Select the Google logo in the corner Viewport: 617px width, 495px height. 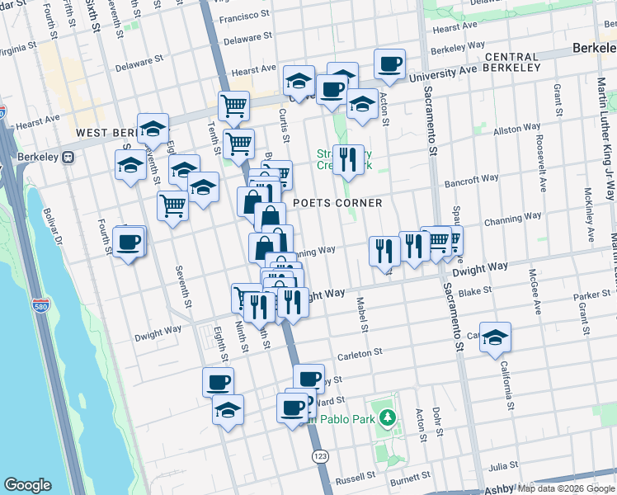(27, 485)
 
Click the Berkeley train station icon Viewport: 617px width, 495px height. (69, 156)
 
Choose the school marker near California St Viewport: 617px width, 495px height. (495, 337)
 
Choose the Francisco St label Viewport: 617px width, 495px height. (243, 16)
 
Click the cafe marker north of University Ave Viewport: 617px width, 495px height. (389, 63)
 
